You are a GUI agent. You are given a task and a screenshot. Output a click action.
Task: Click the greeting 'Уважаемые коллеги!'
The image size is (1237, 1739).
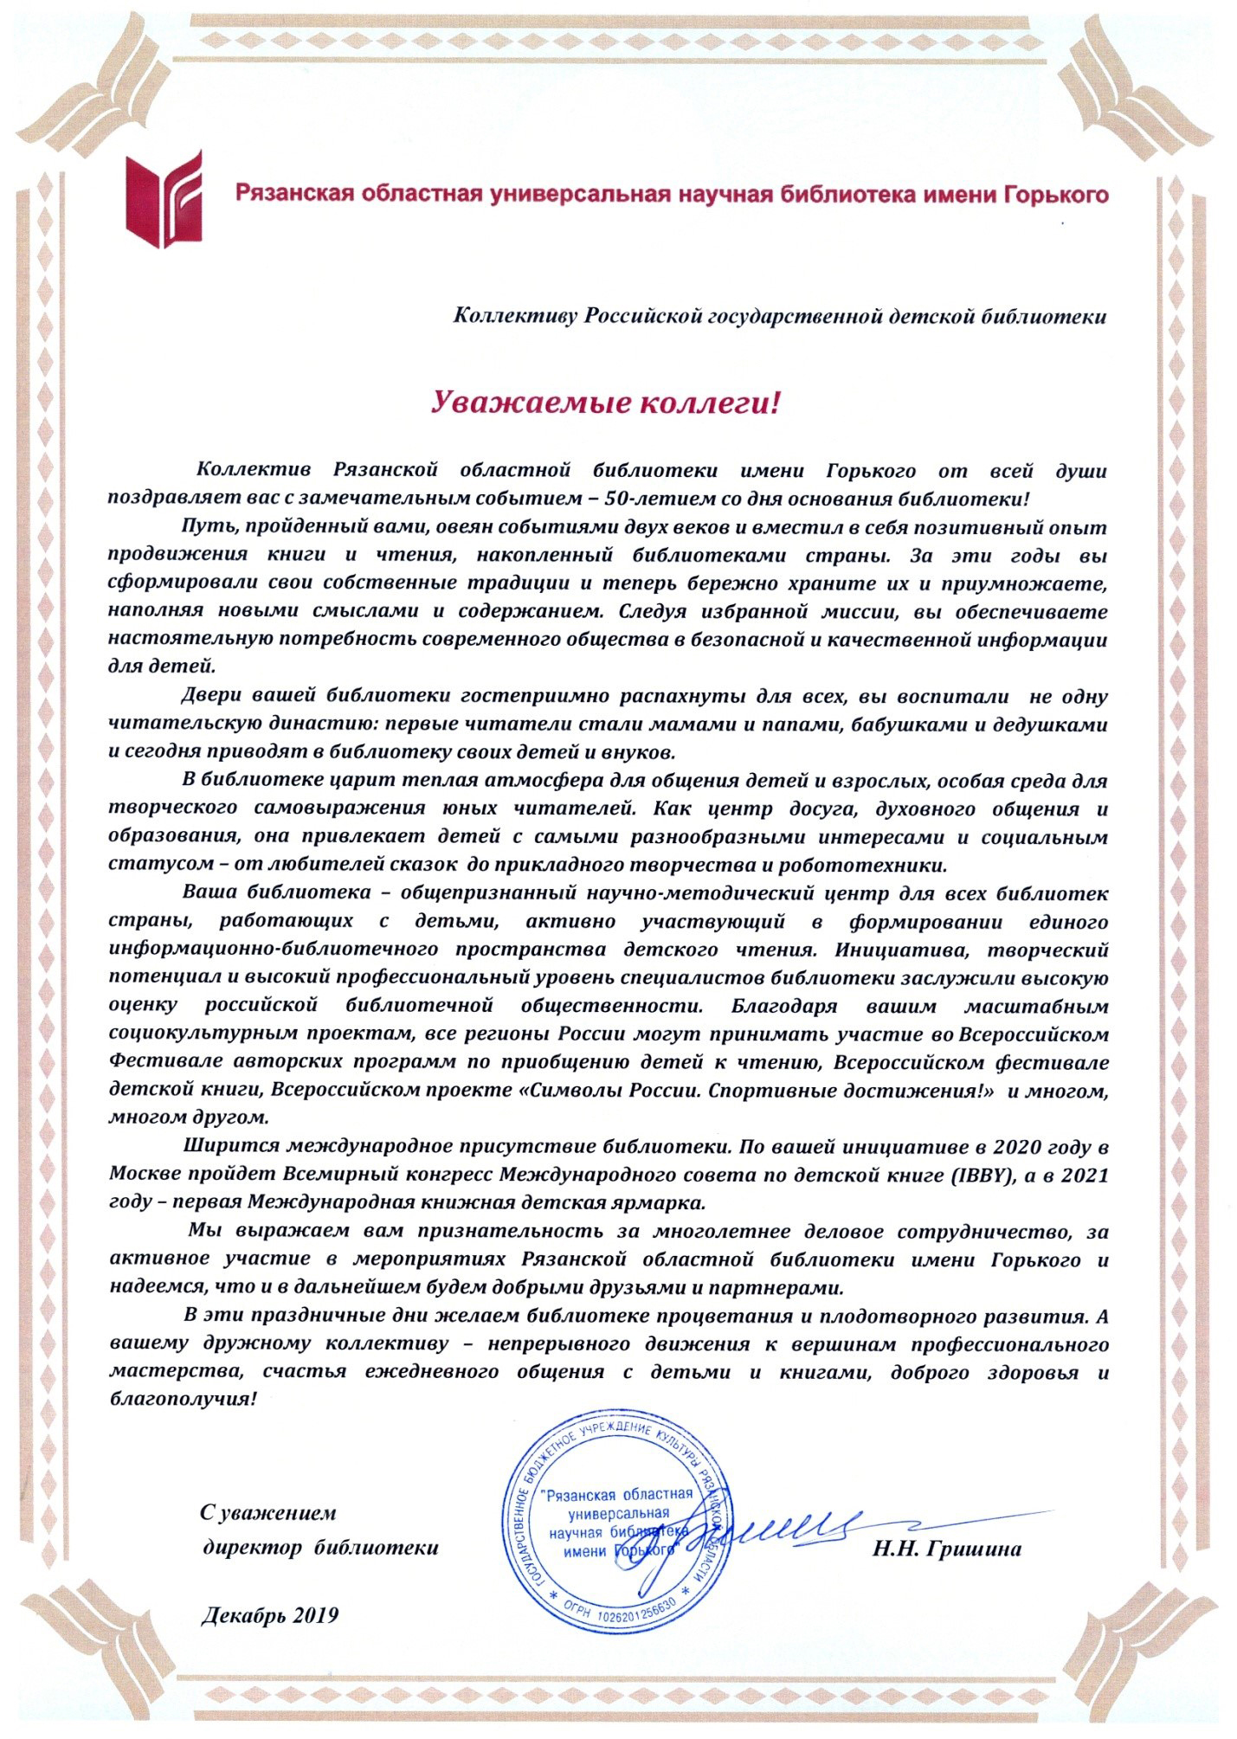pyautogui.click(x=607, y=402)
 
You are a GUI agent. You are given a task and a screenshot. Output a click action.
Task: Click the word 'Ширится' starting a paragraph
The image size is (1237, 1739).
pyautogui.click(x=225, y=1148)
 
